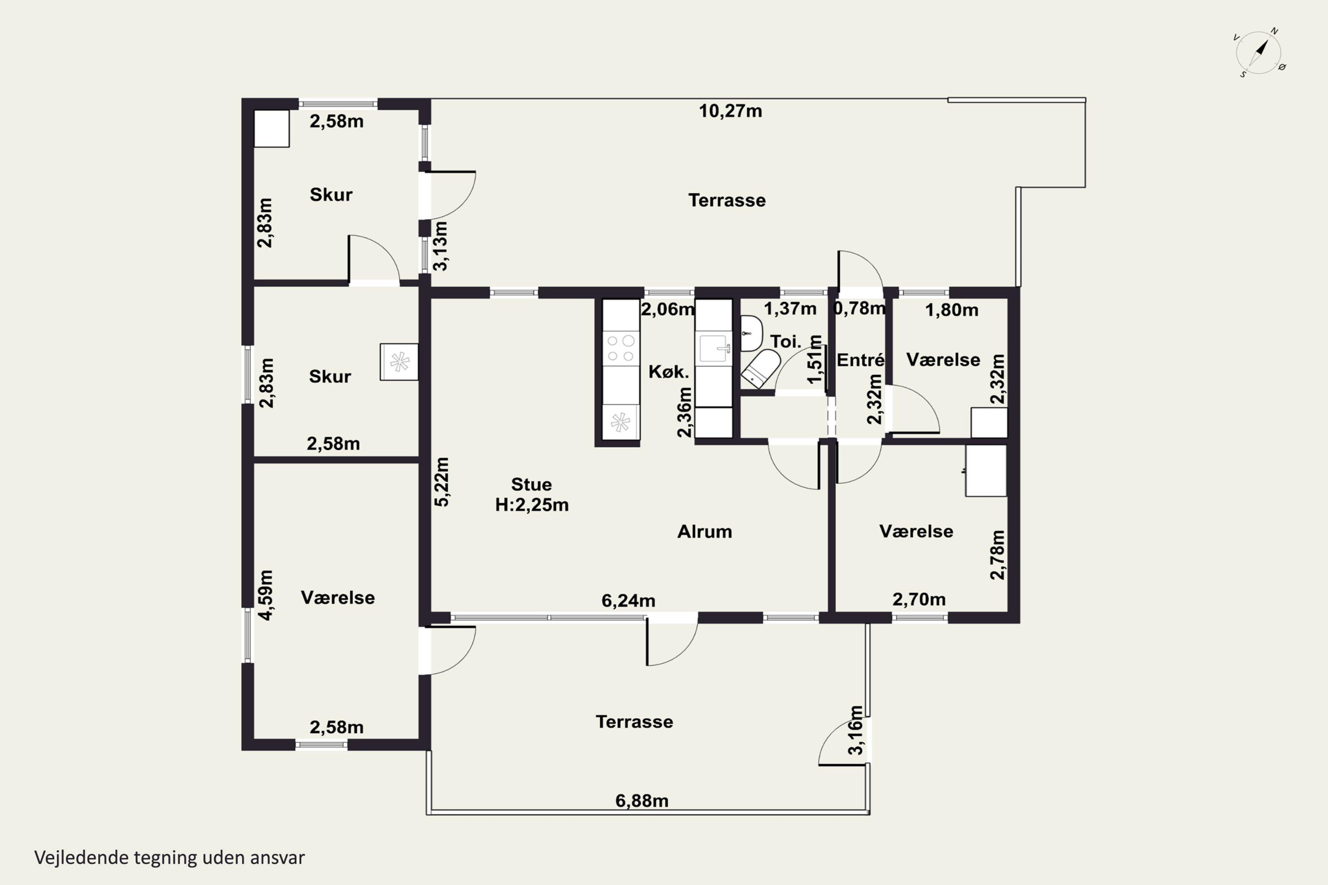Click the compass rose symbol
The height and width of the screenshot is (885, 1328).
coord(1259,53)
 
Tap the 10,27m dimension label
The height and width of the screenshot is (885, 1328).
coord(730,111)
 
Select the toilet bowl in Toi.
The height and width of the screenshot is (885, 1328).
coord(761,368)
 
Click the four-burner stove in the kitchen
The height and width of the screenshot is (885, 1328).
coord(621,348)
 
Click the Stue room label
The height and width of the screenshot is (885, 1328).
coord(531,484)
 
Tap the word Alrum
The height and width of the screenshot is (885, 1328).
coord(704,532)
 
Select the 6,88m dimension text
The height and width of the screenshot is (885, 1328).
coord(641,801)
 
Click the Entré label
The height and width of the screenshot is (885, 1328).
coord(860,360)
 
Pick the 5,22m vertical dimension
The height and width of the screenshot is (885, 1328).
coord(442,481)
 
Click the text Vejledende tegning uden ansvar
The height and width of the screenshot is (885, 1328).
coord(170,858)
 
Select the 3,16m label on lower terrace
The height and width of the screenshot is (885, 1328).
coord(856,730)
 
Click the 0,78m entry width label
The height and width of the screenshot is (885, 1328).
coord(859,309)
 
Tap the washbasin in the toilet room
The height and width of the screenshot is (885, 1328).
coord(751,333)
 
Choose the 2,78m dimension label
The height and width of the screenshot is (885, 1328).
coord(998,555)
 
